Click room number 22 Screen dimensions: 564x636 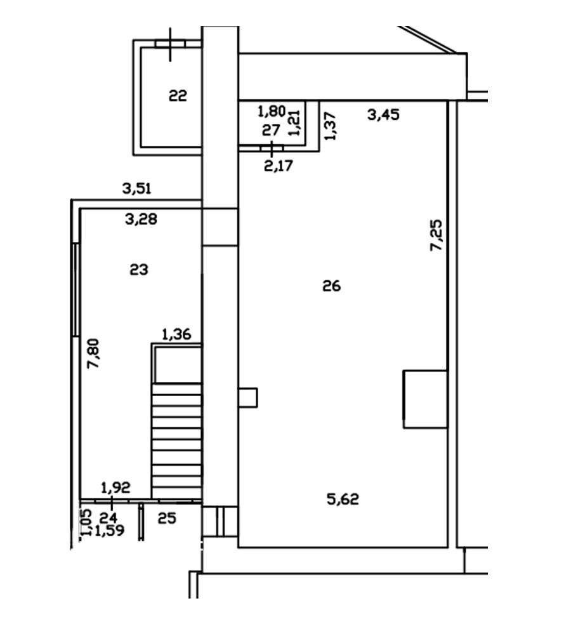click(x=178, y=96)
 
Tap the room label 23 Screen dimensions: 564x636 click(x=139, y=269)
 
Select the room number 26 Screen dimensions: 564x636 click(x=331, y=286)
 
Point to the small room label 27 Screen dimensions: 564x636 click(x=271, y=130)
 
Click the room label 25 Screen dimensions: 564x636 click(x=167, y=518)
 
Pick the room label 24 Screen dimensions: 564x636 click(x=108, y=518)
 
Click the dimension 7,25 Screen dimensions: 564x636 click(x=436, y=235)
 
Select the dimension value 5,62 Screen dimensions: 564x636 click(x=343, y=499)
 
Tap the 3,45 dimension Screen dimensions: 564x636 click(x=383, y=114)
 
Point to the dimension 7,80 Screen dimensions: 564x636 click(x=94, y=354)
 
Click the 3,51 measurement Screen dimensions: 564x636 click(x=136, y=189)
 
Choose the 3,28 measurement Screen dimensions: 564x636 click(x=141, y=219)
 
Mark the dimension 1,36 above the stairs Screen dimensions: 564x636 click(x=176, y=335)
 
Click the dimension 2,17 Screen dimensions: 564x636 click(x=278, y=166)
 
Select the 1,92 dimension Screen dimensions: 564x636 click(x=115, y=487)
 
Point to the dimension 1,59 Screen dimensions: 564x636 click(x=110, y=531)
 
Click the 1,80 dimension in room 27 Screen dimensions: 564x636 click(x=272, y=110)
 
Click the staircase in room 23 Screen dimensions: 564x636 click(x=177, y=441)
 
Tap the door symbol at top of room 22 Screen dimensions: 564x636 click(x=170, y=44)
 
